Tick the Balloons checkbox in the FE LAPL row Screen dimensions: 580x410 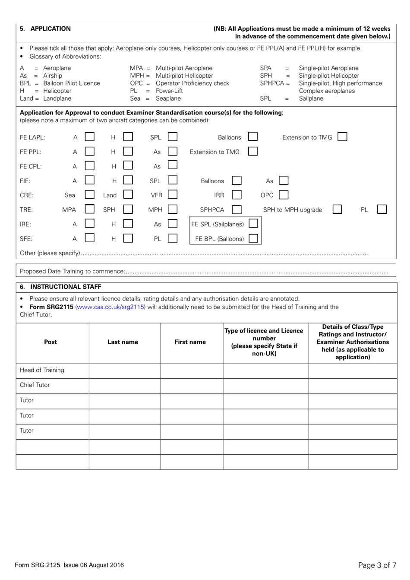click(253, 137)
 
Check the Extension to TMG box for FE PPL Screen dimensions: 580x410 click(253, 152)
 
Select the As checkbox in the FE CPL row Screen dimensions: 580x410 click(173, 165)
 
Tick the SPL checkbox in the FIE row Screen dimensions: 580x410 click(173, 181)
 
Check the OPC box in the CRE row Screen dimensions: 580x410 click(284, 195)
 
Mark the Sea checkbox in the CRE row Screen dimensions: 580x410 click(90, 195)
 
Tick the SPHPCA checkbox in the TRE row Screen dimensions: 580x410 click(237, 209)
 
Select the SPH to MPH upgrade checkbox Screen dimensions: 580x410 click(337, 209)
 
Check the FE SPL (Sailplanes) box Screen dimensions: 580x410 click(253, 224)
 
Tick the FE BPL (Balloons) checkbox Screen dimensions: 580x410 click(253, 238)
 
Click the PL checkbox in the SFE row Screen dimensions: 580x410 click(173, 238)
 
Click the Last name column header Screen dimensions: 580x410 click(123, 342)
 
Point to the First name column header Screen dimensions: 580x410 click(190, 342)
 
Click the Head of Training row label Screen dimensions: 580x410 click(42, 370)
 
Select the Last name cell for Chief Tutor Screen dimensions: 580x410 click(125, 385)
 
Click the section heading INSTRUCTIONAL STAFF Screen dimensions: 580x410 click(66, 287)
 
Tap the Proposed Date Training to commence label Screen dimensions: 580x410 click(72, 271)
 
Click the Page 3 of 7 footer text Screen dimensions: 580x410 click(377, 565)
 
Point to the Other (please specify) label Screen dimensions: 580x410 click(50, 253)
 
